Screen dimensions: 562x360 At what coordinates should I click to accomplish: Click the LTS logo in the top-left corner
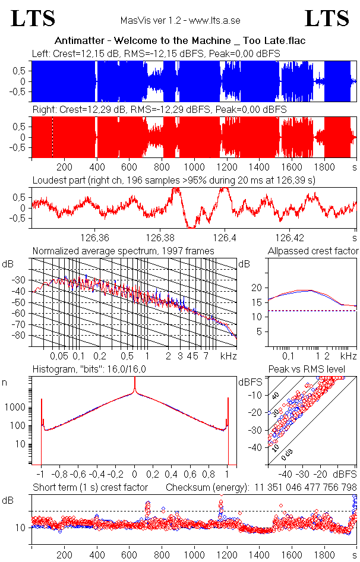click(x=33, y=18)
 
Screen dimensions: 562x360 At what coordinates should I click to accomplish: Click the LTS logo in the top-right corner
click(x=327, y=18)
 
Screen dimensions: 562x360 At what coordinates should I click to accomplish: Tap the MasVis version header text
click(x=179, y=20)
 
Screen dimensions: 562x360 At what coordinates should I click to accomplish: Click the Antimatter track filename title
click(x=179, y=41)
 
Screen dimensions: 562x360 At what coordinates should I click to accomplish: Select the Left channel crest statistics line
click(x=156, y=53)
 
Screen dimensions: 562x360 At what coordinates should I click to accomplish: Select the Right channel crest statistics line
click(x=159, y=110)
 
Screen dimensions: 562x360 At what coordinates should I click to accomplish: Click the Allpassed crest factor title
click(x=313, y=251)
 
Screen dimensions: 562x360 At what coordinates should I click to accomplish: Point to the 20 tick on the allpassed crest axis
click(x=257, y=288)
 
